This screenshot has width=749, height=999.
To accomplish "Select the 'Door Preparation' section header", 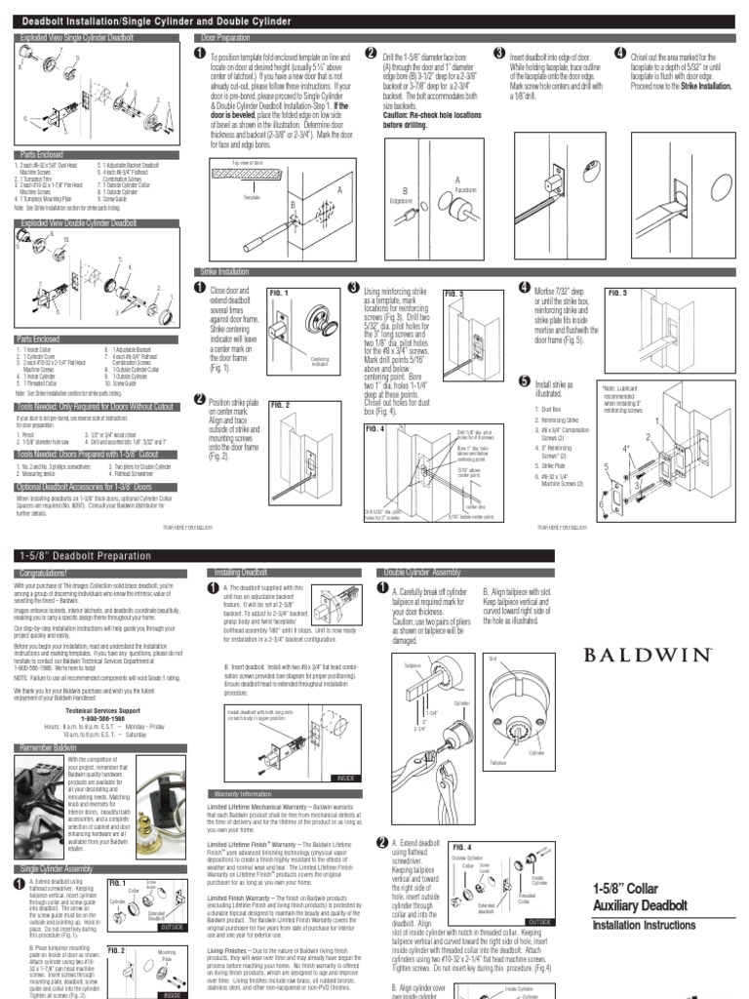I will coord(217,37).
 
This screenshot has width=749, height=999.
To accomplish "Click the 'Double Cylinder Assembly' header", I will coord(423,574).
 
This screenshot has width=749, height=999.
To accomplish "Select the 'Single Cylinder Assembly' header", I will coord(57,867).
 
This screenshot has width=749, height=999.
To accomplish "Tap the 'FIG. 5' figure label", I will coord(618,293).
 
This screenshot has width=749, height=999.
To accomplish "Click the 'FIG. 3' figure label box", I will coord(454,293).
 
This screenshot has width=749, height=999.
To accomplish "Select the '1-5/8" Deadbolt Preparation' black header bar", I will coord(88,554).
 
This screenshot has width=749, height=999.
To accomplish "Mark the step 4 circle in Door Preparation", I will coord(620,54).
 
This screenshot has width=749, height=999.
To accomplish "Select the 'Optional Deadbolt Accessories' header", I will coord(84,485).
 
